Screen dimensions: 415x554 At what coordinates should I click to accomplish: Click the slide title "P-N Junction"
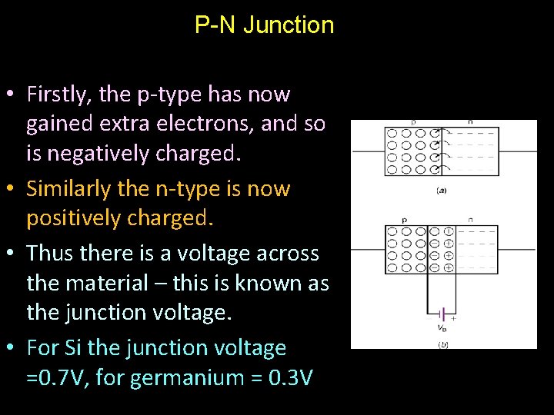[264, 25]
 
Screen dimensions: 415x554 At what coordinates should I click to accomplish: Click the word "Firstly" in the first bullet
[57, 95]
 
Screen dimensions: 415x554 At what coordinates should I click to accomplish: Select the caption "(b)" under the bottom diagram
[443, 345]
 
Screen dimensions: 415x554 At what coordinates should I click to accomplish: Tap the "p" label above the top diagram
[413, 121]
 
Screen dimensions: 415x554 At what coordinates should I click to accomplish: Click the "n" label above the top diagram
[471, 121]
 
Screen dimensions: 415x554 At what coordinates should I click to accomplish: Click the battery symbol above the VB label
[441, 314]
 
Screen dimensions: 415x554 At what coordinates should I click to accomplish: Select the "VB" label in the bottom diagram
[442, 328]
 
